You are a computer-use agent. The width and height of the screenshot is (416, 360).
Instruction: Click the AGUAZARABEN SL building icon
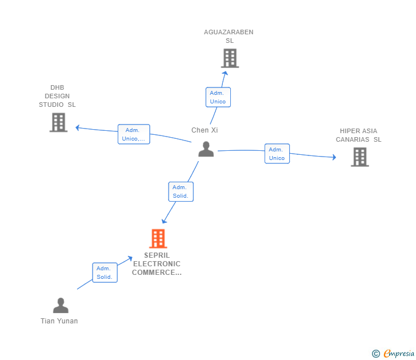tap(229, 58)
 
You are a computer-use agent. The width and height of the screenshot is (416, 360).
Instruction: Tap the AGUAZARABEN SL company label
tap(229, 37)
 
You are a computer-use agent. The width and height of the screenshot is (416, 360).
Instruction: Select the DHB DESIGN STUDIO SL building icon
tap(58, 122)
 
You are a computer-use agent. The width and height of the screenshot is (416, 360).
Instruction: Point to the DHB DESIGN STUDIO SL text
tap(57, 96)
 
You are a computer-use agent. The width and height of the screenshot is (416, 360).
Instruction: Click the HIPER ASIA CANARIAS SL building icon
tap(359, 157)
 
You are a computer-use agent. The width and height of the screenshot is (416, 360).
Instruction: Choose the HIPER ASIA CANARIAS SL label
tap(358, 135)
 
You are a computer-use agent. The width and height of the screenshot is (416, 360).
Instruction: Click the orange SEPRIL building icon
tap(158, 238)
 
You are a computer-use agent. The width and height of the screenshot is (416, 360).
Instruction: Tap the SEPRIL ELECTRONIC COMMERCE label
tap(157, 264)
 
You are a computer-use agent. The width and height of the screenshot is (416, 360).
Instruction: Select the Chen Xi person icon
tap(206, 149)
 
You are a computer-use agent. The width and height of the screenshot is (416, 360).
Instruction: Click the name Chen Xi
tap(205, 130)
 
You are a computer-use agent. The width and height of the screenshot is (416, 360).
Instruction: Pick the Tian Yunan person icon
tap(61, 306)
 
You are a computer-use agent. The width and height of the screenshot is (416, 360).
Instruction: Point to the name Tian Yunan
tap(59, 321)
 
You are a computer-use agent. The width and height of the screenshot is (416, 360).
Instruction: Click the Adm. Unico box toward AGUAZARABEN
tap(218, 97)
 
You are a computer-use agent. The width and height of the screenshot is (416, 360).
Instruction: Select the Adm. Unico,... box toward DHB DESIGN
tap(134, 134)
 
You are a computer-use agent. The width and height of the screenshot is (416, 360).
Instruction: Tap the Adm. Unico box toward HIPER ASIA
tap(277, 154)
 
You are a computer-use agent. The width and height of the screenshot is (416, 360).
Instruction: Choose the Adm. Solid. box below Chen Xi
tap(181, 191)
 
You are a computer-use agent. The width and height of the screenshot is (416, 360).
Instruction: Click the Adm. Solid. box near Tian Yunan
tap(105, 273)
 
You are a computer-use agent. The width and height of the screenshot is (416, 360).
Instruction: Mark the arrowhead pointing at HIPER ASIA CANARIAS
tap(334, 157)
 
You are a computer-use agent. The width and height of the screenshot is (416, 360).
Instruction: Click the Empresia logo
tap(394, 354)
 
